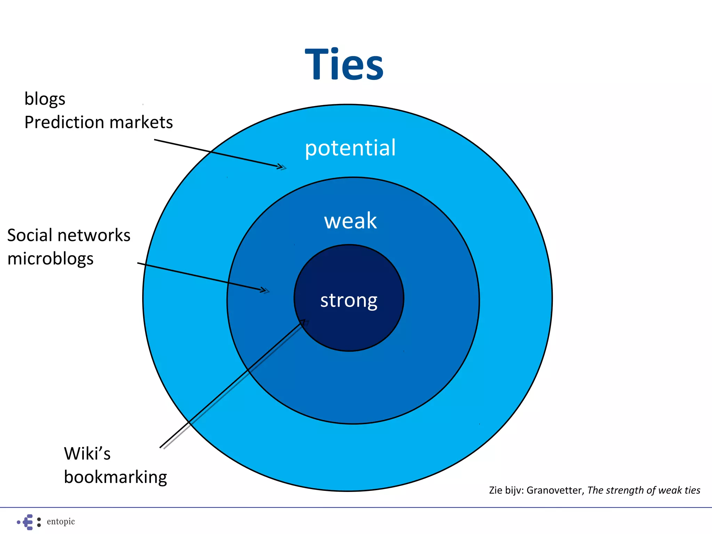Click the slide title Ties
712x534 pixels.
click(x=344, y=65)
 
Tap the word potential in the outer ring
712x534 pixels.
click(x=350, y=148)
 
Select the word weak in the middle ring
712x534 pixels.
click(x=350, y=221)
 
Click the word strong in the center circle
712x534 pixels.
click(x=349, y=300)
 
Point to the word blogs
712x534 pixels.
click(x=45, y=99)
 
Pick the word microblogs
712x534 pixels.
click(x=50, y=259)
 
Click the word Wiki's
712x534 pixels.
click(x=87, y=454)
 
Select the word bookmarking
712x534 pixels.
click(x=115, y=477)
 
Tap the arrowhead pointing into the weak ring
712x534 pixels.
click(x=265, y=290)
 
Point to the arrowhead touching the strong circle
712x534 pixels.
click(x=303, y=322)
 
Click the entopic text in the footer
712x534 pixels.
click(x=61, y=521)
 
